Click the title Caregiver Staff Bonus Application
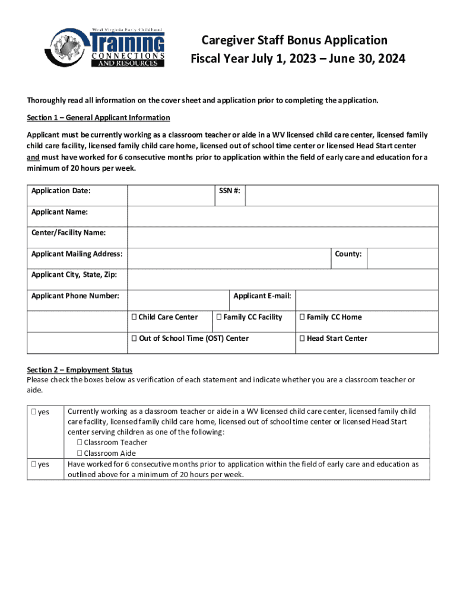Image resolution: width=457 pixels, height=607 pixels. pyautogui.click(x=294, y=40)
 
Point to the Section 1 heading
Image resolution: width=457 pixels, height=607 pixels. pyautogui.click(x=99, y=117)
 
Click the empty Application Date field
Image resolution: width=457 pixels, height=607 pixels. pyautogui.click(x=170, y=196)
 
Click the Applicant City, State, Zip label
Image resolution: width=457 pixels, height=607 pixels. pyautogui.click(x=74, y=275)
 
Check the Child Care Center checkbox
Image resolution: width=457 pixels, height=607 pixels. pyautogui.click(x=135, y=317)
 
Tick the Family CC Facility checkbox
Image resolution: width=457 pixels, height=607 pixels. pyautogui.click(x=220, y=317)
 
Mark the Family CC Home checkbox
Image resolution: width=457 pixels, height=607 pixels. pyautogui.click(x=302, y=317)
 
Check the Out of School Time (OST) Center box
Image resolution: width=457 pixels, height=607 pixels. pyautogui.click(x=135, y=338)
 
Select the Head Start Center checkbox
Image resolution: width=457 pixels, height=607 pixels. pyautogui.click(x=302, y=338)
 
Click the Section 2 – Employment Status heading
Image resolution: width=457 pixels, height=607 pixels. pyautogui.click(x=80, y=370)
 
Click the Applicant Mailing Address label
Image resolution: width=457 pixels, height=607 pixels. pyautogui.click(x=77, y=254)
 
